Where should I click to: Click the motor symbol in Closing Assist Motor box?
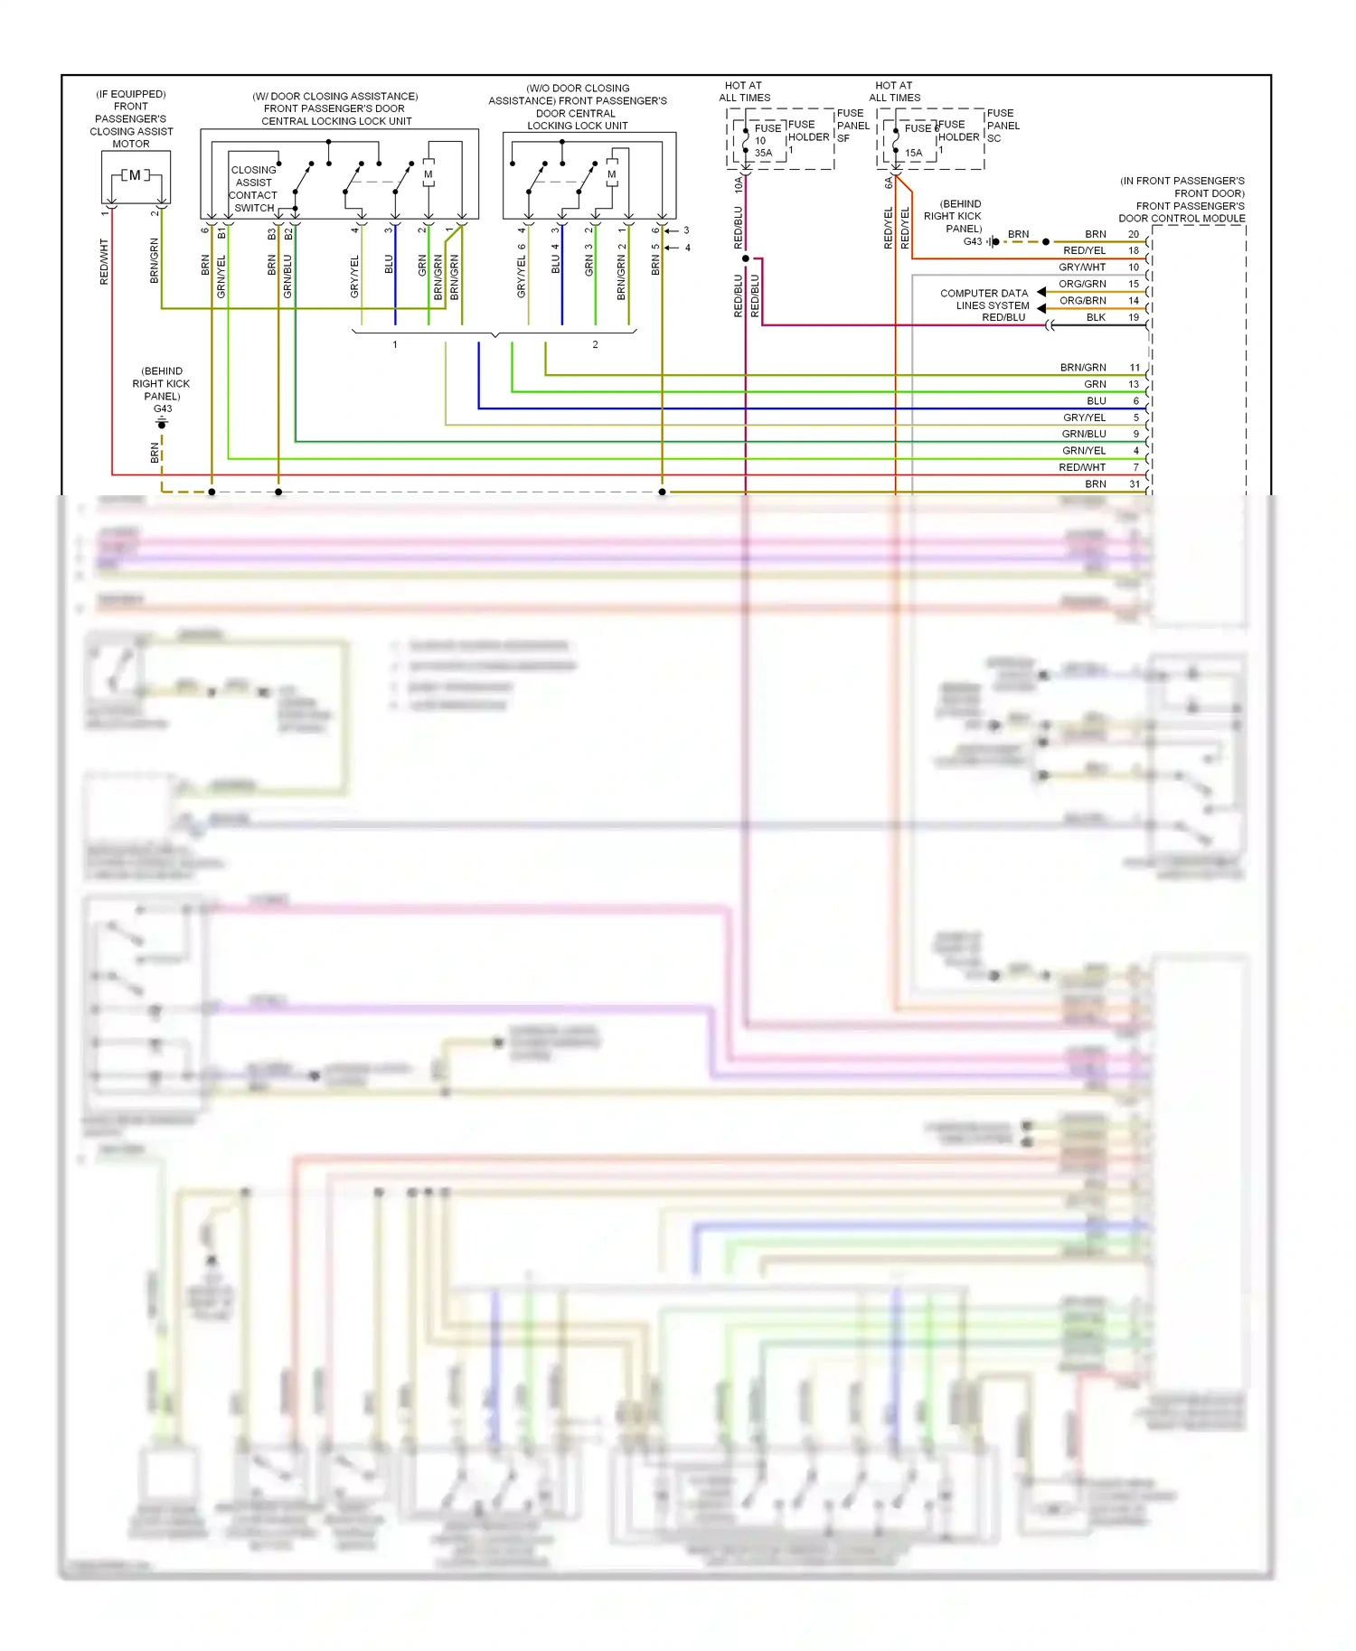pyautogui.click(x=135, y=175)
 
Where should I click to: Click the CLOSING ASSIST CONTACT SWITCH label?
pyautogui.click(x=253, y=189)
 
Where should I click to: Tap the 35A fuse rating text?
pyautogui.click(x=764, y=154)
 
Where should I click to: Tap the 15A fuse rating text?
pyautogui.click(x=914, y=154)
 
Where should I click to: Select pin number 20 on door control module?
pyautogui.click(x=1134, y=234)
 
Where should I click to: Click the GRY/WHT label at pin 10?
pyautogui.click(x=1082, y=267)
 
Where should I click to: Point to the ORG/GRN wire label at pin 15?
pyautogui.click(x=1082, y=284)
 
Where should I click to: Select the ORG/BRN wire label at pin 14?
pyautogui.click(x=1082, y=301)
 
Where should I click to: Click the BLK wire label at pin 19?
pyautogui.click(x=1096, y=317)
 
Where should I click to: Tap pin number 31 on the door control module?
pyautogui.click(x=1135, y=484)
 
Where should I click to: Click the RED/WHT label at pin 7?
pyautogui.click(x=1082, y=467)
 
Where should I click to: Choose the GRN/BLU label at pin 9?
pyautogui.click(x=1083, y=434)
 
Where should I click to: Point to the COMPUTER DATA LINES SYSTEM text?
pyautogui.click(x=984, y=299)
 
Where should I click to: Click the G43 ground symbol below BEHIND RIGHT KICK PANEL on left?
pyautogui.click(x=162, y=422)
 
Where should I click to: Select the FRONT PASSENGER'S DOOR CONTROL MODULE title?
pyautogui.click(x=1182, y=200)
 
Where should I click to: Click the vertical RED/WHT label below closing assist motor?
pyautogui.click(x=104, y=262)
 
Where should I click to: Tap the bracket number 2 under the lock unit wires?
pyautogui.click(x=595, y=344)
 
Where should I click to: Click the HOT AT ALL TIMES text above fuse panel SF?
pyautogui.click(x=744, y=91)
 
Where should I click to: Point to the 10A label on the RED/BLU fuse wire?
pyautogui.click(x=739, y=184)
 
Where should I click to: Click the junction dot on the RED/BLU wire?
pyautogui.click(x=746, y=258)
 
